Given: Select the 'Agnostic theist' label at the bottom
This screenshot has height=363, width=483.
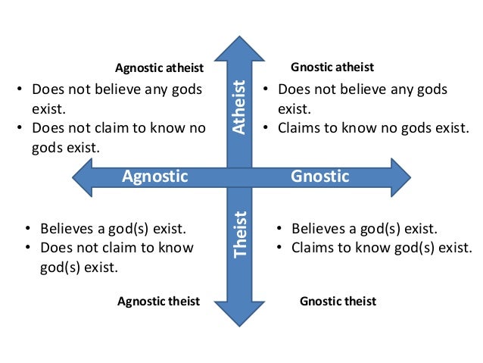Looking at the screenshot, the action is pyautogui.click(x=158, y=301).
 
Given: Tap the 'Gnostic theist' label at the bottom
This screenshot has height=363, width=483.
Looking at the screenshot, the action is pyautogui.click(x=338, y=301).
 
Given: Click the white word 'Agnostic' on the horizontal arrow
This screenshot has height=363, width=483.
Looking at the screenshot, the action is pyautogui.click(x=154, y=177).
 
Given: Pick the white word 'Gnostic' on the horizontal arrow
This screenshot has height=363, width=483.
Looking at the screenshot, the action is pyautogui.click(x=320, y=177).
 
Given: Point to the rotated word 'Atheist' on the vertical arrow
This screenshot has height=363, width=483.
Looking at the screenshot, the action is pyautogui.click(x=239, y=107).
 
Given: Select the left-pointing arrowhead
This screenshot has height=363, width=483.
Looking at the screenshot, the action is pyautogui.click(x=83, y=177).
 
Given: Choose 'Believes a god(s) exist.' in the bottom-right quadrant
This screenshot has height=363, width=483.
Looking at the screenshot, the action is pyautogui.click(x=364, y=228).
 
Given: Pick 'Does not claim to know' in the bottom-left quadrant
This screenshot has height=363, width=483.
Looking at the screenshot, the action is pyautogui.click(x=116, y=248).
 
